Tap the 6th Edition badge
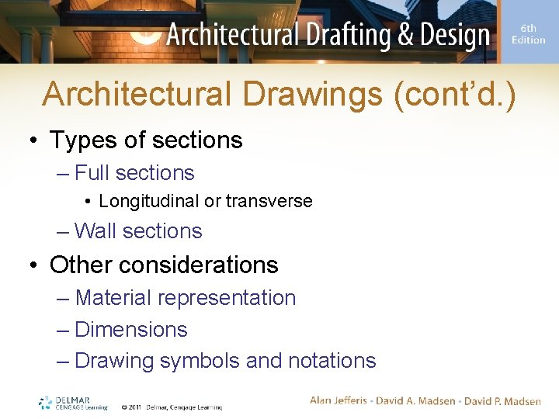tap(528, 33)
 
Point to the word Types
tap(82, 140)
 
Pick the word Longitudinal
tap(149, 201)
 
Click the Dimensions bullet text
tap(131, 330)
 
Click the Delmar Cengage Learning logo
tap(74, 403)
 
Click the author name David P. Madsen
tap(502, 400)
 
